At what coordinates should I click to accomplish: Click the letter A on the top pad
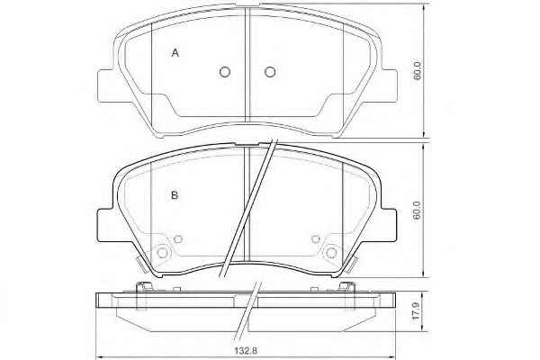click(175, 53)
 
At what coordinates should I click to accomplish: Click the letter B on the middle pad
click(175, 195)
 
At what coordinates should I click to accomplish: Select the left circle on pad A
click(225, 72)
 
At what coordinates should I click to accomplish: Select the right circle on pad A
click(270, 72)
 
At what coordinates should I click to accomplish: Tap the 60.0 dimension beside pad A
click(418, 71)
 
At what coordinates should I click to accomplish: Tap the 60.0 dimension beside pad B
click(418, 211)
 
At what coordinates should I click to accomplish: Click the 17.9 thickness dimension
click(417, 311)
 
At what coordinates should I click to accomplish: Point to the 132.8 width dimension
click(246, 351)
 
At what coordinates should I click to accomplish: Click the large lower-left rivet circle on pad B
click(162, 253)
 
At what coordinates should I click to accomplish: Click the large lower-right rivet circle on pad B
click(331, 253)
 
